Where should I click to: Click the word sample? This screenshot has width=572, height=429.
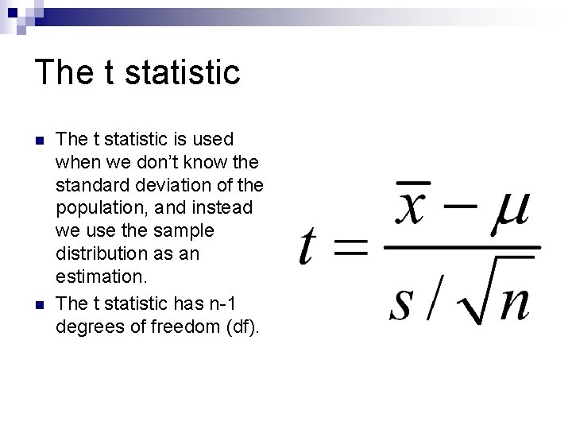(187, 231)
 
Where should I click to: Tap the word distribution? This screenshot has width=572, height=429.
(99, 254)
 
